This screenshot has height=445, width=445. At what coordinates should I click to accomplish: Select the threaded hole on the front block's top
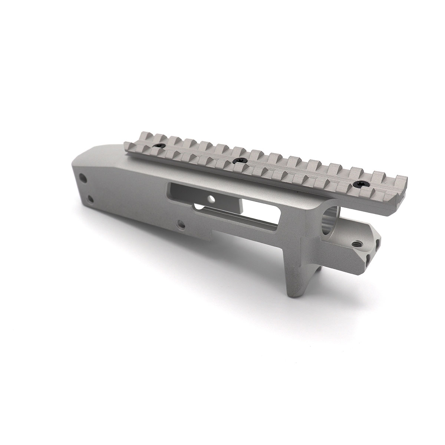pos(358,244)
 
